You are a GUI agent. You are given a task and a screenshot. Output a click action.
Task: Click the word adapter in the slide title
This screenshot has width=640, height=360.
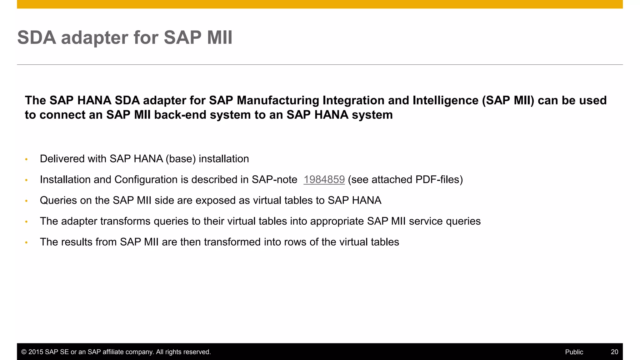point(94,37)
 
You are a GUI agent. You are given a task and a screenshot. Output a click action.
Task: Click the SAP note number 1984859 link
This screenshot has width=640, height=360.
point(324,179)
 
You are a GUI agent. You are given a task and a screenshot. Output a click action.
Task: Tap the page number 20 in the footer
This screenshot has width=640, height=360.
point(614,352)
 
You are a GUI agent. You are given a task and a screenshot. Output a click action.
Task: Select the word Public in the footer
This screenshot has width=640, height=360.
point(574,352)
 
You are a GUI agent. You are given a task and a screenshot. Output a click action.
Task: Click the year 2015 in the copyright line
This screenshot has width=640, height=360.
point(36,352)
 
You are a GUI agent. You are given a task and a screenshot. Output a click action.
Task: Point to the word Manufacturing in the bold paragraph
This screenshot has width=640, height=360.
point(278,100)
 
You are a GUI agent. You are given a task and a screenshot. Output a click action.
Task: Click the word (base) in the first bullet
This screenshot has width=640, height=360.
point(181,159)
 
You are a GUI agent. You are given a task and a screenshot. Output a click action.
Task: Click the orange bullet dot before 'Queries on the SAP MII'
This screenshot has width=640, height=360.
point(27,201)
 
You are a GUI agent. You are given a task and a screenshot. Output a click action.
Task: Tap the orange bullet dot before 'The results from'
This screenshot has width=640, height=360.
point(27,242)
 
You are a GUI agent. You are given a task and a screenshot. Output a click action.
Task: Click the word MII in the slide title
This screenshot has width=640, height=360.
point(220,37)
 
